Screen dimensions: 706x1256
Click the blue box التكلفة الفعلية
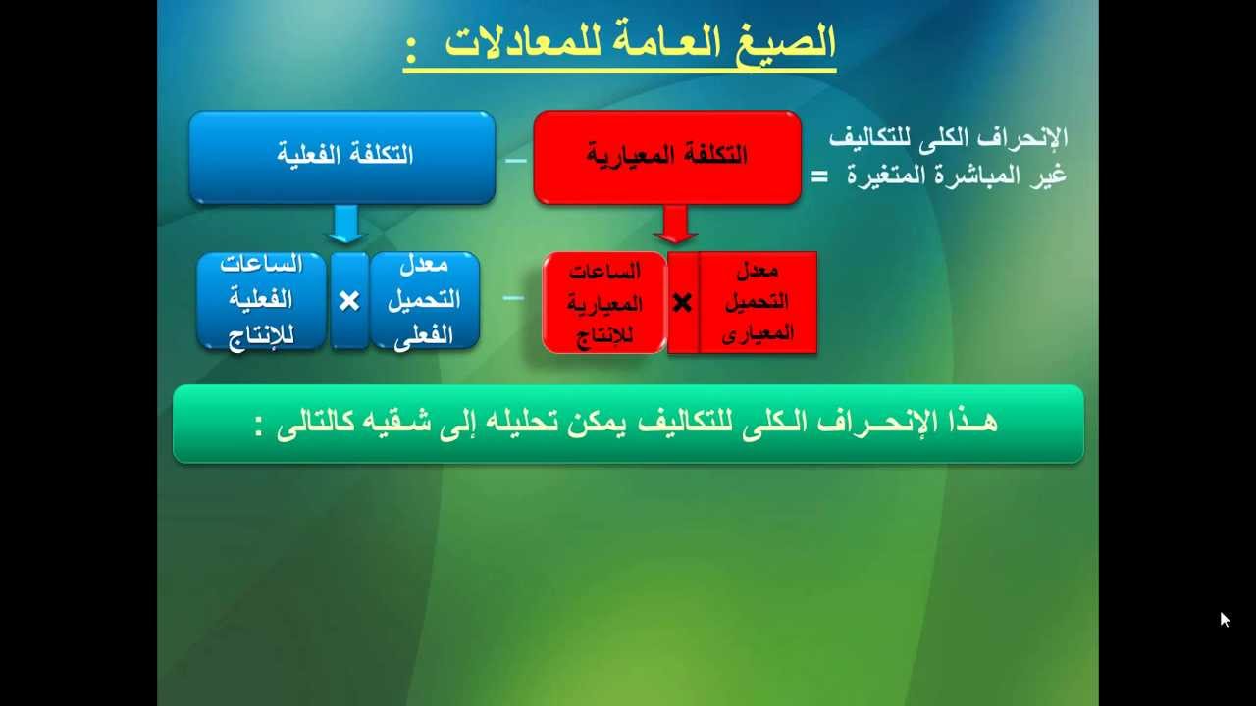(x=342, y=157)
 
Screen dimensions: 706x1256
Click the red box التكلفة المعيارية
(x=667, y=157)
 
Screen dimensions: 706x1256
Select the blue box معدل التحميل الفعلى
(x=424, y=300)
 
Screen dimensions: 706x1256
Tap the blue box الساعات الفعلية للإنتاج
(x=261, y=300)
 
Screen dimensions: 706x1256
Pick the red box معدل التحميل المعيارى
(x=758, y=302)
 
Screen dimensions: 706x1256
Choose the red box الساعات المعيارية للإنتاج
(x=604, y=302)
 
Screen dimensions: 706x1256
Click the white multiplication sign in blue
(x=349, y=301)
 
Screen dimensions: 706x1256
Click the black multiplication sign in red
(x=682, y=303)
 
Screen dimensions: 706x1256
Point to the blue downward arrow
(x=344, y=225)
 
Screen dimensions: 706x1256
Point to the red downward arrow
(x=675, y=225)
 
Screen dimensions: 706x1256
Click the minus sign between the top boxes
(x=515, y=160)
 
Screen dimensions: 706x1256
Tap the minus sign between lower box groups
(x=512, y=297)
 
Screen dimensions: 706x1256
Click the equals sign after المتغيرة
(x=819, y=176)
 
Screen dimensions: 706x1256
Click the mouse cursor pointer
(x=1225, y=619)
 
